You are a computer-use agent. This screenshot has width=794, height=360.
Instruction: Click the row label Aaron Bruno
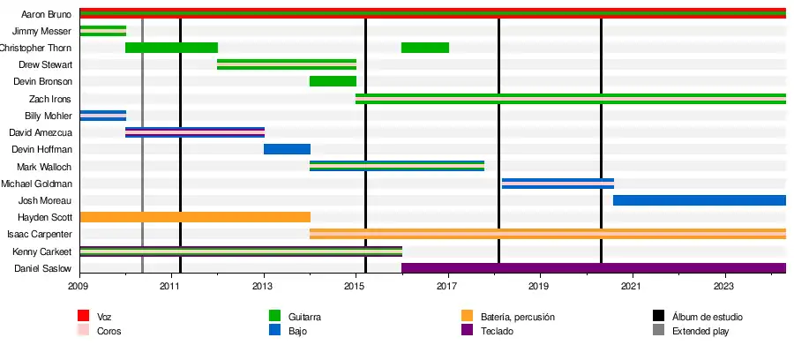coord(46,14)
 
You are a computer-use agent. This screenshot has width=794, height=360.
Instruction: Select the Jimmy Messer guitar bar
coord(102,31)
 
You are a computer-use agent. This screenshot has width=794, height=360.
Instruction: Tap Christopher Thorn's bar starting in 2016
coord(425,48)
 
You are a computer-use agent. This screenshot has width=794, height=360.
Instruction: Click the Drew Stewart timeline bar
coord(287,64)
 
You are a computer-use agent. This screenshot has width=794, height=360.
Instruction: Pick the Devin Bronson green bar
coord(333,81)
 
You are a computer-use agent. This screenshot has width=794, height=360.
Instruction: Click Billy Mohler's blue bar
coord(102,116)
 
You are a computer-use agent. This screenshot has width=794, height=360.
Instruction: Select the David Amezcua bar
coord(195,132)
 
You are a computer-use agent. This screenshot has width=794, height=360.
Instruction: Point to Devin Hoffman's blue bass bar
coord(287,149)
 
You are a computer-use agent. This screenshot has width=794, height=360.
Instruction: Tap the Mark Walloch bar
coord(397,166)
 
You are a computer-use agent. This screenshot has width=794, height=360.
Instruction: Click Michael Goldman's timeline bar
coord(558,184)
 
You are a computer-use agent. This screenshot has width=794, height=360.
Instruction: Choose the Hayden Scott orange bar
coord(195,217)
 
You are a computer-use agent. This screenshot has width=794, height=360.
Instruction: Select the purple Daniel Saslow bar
coord(593,268)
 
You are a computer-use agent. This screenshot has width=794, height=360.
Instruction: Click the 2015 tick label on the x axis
coord(356,286)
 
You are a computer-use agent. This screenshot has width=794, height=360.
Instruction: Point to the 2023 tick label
coord(723,286)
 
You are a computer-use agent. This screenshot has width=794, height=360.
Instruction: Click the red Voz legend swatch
coord(84,316)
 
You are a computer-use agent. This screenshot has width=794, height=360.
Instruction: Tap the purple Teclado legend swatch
coord(468,331)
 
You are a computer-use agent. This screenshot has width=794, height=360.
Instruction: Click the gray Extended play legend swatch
coord(658,331)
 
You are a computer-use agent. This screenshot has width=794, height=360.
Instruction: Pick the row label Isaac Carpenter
coord(40,235)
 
